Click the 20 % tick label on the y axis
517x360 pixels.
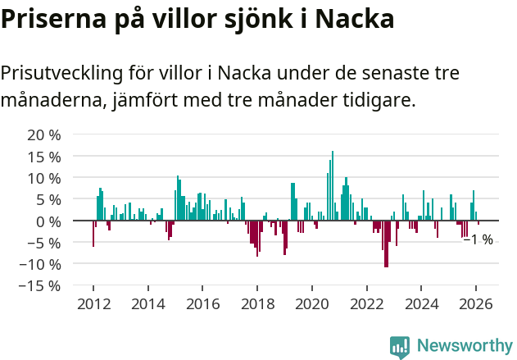(44, 134)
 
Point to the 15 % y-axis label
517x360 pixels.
(44, 156)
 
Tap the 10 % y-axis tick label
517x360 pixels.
(44, 178)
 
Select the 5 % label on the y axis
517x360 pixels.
(48, 199)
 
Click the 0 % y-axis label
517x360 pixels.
(48, 221)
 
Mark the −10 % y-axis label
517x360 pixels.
(39, 264)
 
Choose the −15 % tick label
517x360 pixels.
(39, 285)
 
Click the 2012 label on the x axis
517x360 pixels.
(93, 303)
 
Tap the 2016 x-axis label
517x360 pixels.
(202, 303)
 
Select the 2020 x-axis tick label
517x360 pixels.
(312, 303)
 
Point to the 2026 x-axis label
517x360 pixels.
(476, 303)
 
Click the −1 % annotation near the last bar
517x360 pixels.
(478, 239)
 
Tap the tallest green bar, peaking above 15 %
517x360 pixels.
(333, 185)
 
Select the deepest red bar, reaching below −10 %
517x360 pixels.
(386, 244)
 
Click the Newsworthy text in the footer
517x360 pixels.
(465, 346)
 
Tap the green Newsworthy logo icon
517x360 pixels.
(400, 347)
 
